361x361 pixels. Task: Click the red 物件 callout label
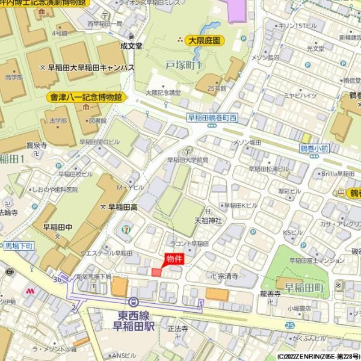(x=174, y=259)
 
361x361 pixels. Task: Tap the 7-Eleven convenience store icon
(x=125, y=229)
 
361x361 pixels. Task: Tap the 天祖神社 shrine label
(x=208, y=221)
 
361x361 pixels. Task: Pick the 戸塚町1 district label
(x=183, y=64)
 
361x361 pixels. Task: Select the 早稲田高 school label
(x=123, y=206)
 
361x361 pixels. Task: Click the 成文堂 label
(x=131, y=45)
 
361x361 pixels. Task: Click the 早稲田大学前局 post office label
(x=188, y=161)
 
